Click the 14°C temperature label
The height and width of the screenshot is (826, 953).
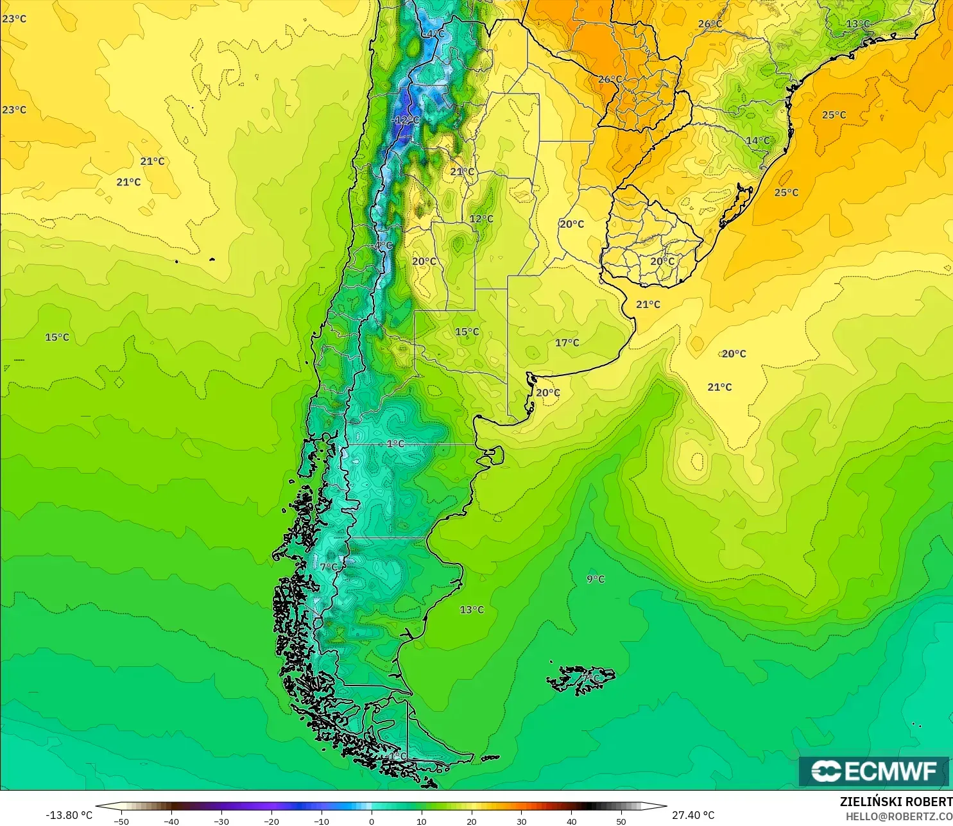[757, 141]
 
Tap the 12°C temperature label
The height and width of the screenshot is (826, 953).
[481, 219]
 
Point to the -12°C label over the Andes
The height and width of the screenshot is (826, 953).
[405, 120]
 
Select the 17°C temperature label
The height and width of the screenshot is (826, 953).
[567, 343]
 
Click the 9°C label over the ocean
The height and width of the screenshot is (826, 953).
[596, 579]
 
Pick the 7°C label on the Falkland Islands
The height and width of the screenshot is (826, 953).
[590, 678]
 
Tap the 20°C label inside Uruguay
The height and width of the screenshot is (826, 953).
[662, 261]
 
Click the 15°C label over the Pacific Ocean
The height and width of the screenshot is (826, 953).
[56, 337]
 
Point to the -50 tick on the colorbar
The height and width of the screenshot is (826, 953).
[121, 821]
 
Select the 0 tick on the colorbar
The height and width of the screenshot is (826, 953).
[372, 821]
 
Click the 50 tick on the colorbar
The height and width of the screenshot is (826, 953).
[621, 821]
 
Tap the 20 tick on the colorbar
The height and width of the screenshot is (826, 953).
[472, 821]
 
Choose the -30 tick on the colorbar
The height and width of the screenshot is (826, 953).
[221, 821]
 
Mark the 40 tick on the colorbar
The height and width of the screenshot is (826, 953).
[571, 821]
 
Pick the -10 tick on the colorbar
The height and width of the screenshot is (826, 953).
[322, 821]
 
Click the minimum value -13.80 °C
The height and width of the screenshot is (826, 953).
[69, 815]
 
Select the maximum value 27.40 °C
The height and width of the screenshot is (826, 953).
[693, 815]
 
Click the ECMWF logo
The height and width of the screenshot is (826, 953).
[873, 771]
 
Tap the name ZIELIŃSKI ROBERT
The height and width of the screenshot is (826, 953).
[896, 802]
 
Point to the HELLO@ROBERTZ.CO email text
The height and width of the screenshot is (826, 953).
[898, 816]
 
